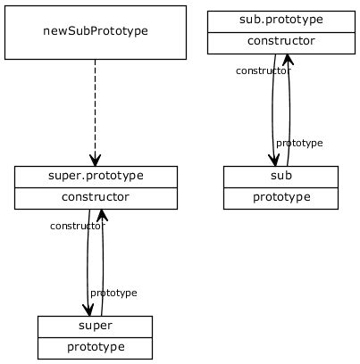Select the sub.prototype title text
(280, 20)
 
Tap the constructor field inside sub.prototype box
(280, 42)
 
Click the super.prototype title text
(96, 176)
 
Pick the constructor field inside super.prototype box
(96, 198)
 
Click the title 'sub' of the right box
(280, 176)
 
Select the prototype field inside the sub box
(280, 197)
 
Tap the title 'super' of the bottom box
(95, 326)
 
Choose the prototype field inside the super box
(95, 347)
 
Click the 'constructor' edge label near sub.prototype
(263, 70)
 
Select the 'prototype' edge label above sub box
(299, 143)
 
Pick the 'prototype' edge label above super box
(113, 293)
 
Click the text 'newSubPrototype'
(95, 31)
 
